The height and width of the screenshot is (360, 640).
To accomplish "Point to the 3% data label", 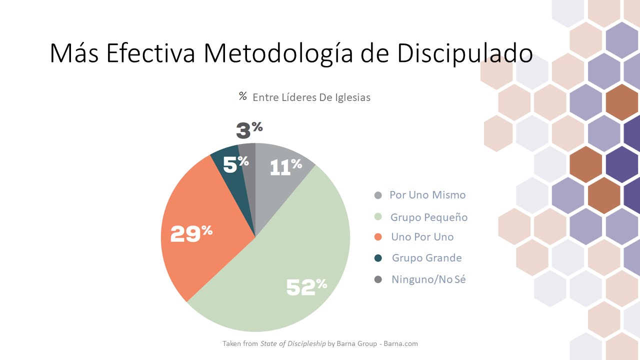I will (249, 130).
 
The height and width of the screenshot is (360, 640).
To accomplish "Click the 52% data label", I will (306, 286).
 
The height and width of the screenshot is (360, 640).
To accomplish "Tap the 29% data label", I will (191, 233).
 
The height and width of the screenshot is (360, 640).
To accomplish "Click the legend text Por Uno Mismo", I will (427, 195).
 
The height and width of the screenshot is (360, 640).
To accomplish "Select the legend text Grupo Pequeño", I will (429, 217).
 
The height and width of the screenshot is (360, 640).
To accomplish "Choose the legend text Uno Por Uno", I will (422, 237).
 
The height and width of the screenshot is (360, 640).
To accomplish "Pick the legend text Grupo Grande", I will (426, 258).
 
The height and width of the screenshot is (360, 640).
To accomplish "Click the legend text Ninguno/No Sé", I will (428, 279).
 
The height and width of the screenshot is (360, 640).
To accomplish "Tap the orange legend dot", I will (378, 237).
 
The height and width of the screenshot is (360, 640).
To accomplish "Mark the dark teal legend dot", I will (378, 258).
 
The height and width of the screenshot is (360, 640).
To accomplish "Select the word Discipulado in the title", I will (465, 54).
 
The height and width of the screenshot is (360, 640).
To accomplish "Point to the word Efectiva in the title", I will (150, 54).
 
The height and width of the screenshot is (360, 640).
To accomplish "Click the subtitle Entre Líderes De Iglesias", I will (311, 97).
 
